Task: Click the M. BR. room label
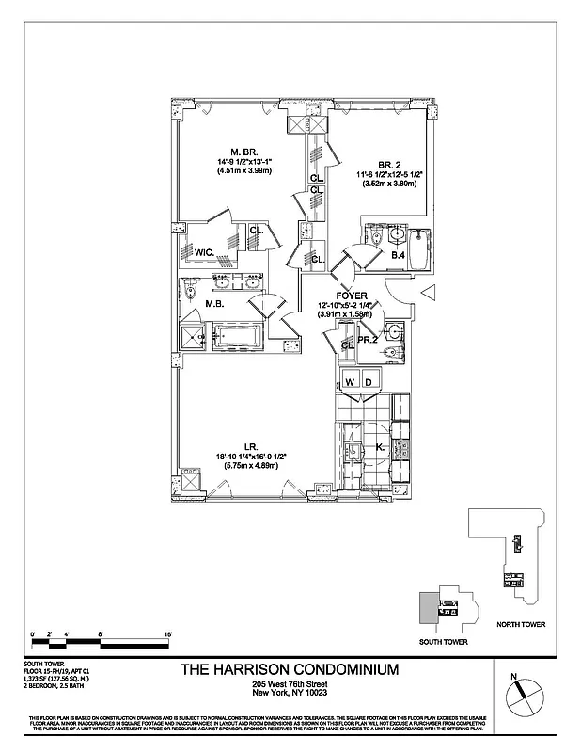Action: (243, 151)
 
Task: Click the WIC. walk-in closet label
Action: (204, 251)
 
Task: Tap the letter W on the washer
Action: (350, 381)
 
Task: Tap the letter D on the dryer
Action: (369, 381)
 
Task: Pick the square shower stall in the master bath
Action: (192, 336)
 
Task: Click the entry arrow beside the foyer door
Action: (425, 294)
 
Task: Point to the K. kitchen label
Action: (380, 448)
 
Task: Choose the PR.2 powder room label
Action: (367, 339)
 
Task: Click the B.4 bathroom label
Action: (398, 256)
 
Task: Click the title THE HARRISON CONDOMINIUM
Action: (288, 669)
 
